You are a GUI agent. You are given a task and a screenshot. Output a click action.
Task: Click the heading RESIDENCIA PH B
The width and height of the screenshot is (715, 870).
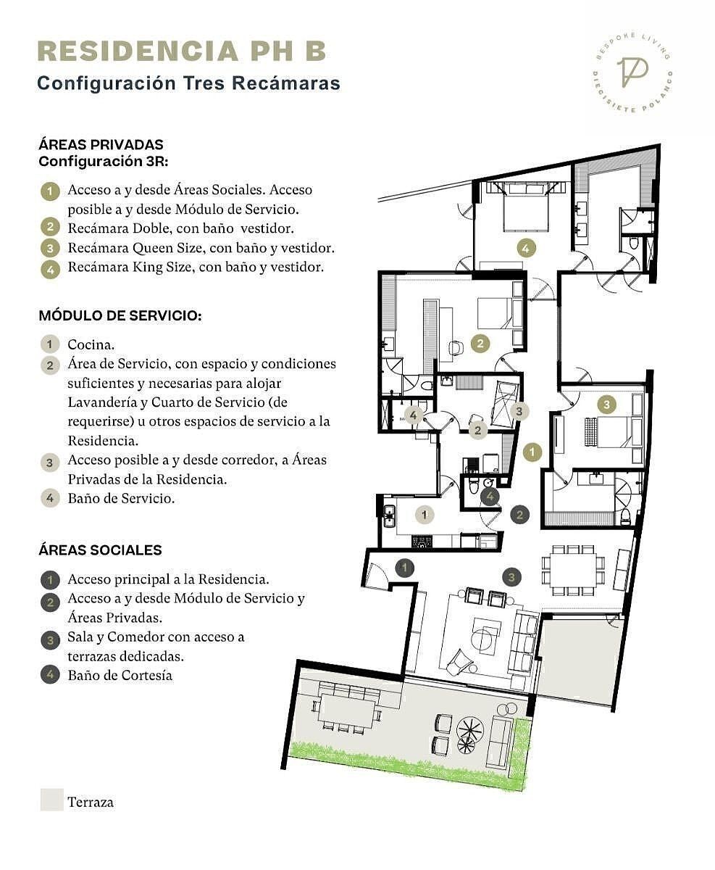coord(182,51)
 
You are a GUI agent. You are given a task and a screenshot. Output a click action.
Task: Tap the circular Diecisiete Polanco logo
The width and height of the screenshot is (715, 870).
coord(632,73)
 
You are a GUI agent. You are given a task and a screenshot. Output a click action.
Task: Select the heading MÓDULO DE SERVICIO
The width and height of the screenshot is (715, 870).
coord(120,315)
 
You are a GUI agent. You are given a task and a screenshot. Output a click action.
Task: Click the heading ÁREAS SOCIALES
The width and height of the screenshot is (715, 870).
coord(100,550)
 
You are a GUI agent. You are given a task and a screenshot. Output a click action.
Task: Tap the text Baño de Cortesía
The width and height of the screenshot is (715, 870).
coord(120,675)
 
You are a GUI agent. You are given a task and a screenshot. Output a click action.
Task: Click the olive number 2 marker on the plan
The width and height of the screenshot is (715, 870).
coord(480,343)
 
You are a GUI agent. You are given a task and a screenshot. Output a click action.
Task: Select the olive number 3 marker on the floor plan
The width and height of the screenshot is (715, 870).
coord(606,405)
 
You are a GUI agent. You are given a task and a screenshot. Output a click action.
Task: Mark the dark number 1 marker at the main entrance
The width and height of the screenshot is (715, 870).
coord(404,568)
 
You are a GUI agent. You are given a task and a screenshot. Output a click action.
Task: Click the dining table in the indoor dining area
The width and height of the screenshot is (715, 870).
coord(573,570)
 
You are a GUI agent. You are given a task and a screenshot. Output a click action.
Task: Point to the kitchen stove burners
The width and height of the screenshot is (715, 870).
coord(422,542)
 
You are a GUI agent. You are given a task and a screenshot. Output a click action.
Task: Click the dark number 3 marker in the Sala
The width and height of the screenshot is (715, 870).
coord(511,577)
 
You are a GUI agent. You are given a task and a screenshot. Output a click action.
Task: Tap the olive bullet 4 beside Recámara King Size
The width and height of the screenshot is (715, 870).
coord(50,270)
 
